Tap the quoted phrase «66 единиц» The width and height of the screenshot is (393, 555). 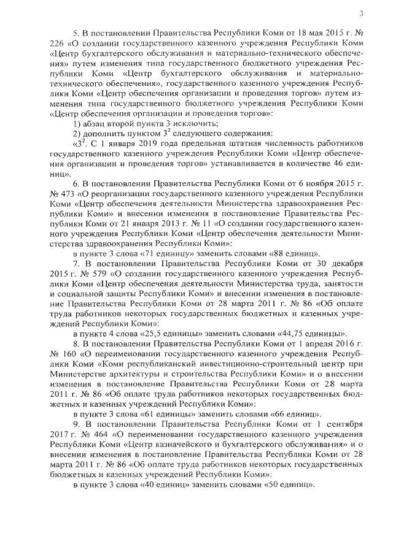289,411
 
